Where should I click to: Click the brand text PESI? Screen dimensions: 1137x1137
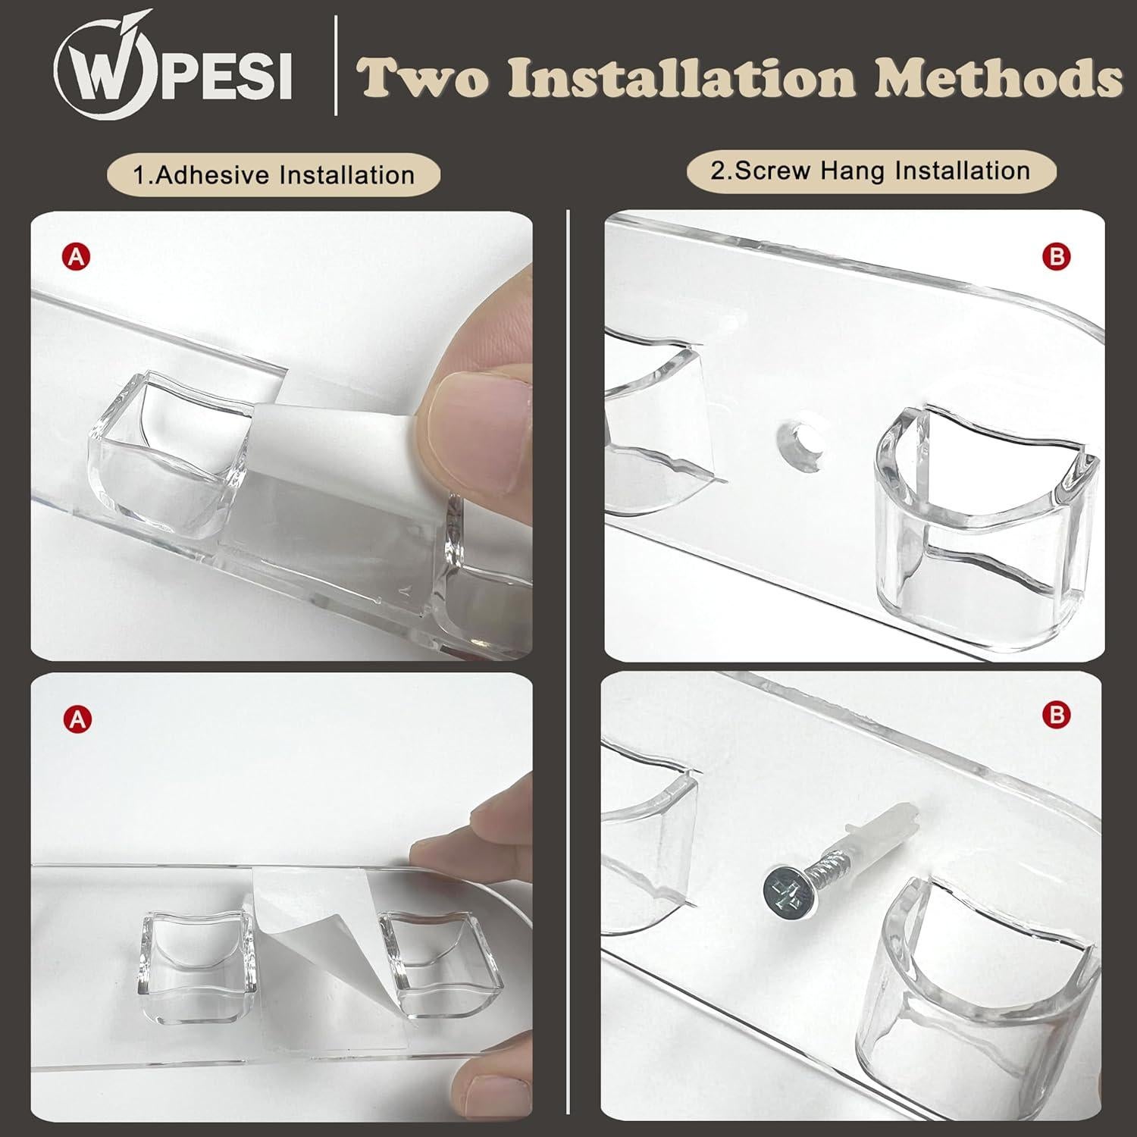pos(225,76)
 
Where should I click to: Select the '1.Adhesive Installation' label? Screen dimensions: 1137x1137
pos(274,176)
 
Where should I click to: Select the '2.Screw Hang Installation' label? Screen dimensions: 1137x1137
pos(870,171)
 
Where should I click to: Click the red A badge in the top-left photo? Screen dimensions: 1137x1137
pos(76,258)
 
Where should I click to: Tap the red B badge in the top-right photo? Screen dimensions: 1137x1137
pos(1057,258)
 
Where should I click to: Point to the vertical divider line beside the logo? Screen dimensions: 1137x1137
pos(337,70)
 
